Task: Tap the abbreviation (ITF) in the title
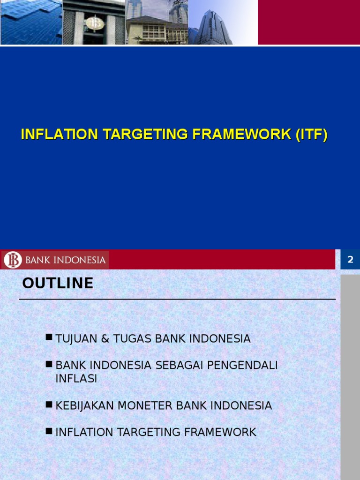tap(311, 135)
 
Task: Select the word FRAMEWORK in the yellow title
tap(241, 135)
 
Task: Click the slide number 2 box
tap(350, 260)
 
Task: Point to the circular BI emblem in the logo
tap(13, 260)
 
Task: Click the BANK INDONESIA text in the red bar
tap(65, 260)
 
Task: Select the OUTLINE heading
tap(58, 284)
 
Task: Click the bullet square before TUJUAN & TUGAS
tap(49, 337)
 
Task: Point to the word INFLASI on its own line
tap(76, 379)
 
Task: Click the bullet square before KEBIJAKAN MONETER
tap(49, 404)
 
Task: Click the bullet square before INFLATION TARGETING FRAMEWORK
tap(49, 430)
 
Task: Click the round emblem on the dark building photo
tap(94, 23)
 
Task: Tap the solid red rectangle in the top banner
tap(308, 22)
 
